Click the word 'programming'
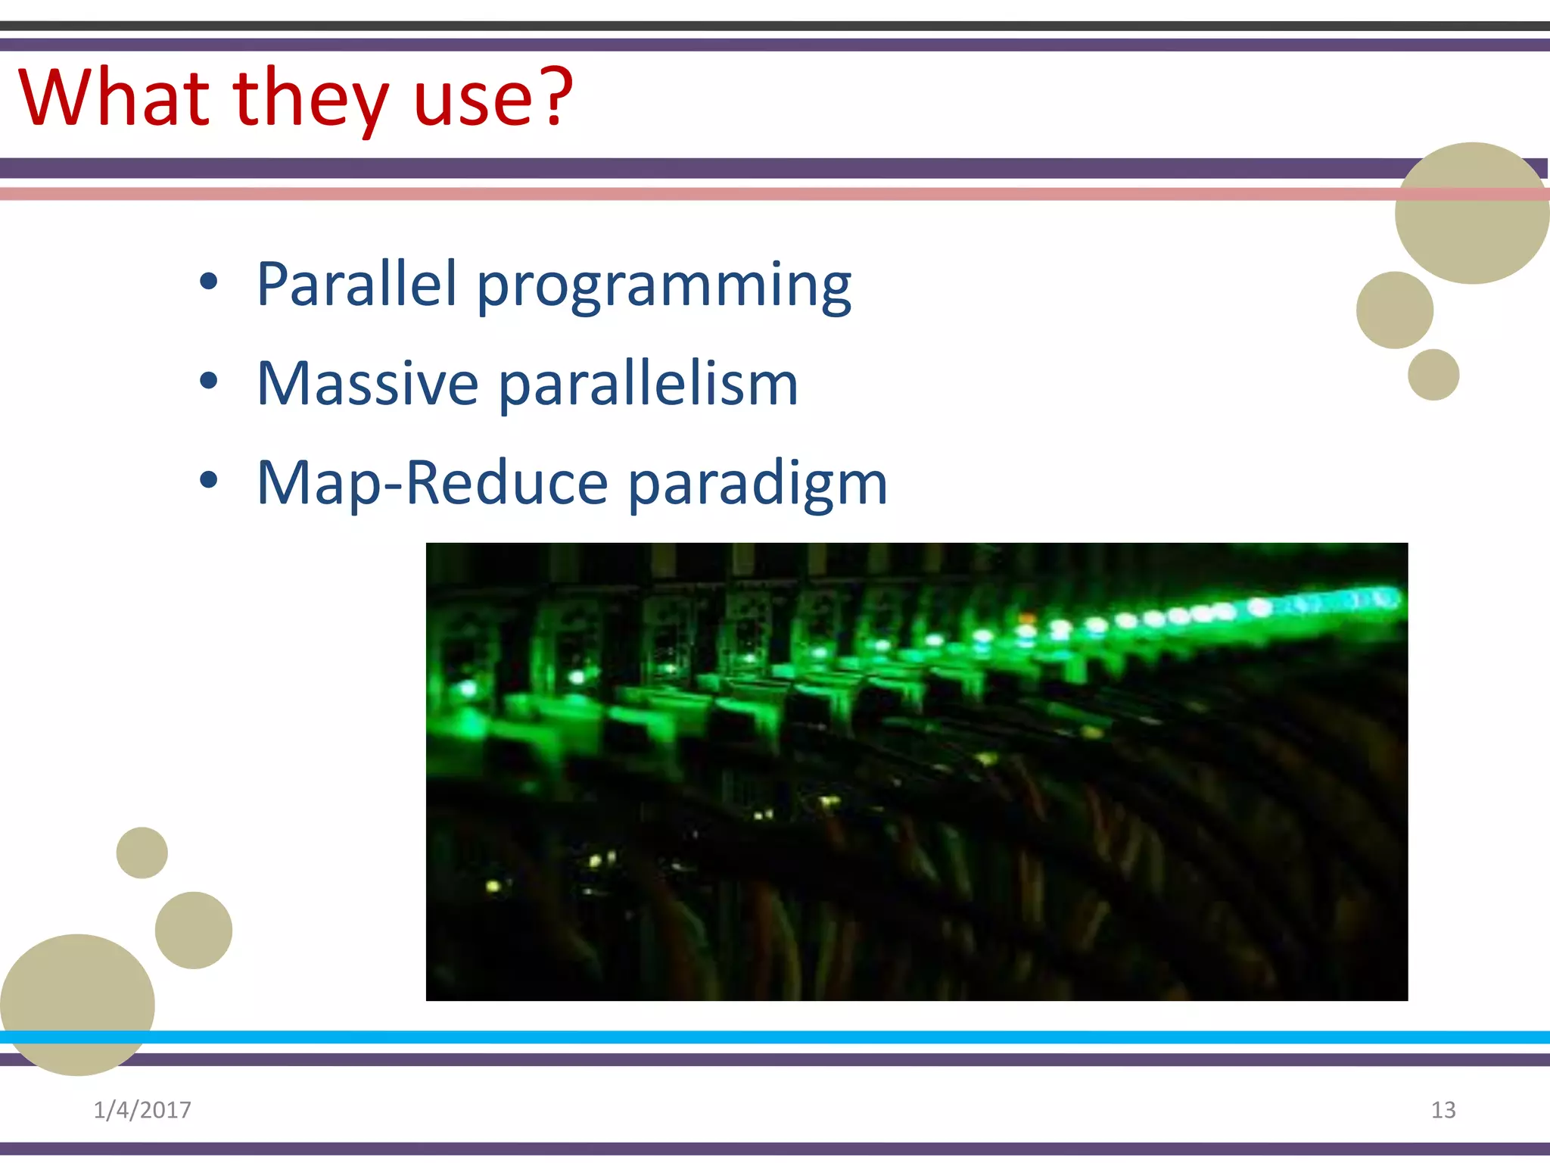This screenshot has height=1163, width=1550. [x=664, y=286]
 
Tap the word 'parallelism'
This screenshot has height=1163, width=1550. [x=648, y=385]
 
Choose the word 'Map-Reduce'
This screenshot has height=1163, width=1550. [x=432, y=483]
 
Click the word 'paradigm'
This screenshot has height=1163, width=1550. [x=758, y=485]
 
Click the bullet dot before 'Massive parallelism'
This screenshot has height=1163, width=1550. [x=209, y=381]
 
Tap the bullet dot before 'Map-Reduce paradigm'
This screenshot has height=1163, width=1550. [x=209, y=480]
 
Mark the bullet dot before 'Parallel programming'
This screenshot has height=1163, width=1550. [x=209, y=282]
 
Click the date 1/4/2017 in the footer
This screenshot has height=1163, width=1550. [x=142, y=1110]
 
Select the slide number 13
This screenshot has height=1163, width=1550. [x=1443, y=1110]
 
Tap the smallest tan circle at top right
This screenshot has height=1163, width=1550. [x=1433, y=375]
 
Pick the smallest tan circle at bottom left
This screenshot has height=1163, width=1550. [x=142, y=853]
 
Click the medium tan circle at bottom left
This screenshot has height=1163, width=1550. [x=194, y=930]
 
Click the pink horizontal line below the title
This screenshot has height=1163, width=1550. [x=681, y=194]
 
